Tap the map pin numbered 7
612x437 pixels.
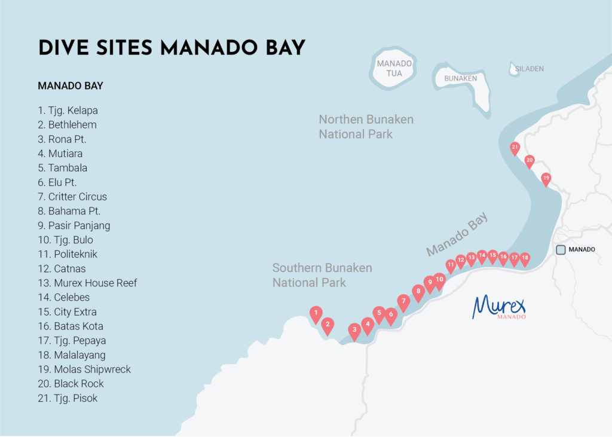coord(403,301)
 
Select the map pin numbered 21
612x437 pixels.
coord(515,147)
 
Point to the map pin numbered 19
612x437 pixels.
coord(546,178)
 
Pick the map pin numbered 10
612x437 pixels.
coord(439,280)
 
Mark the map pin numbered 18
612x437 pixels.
coord(525,258)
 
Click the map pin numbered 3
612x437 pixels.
coord(354,330)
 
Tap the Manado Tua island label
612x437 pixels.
coord(394,68)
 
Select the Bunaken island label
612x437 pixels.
coord(460,78)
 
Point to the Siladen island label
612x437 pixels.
coord(530,69)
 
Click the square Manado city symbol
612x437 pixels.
coord(561,250)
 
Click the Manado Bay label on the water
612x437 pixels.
coord(457,234)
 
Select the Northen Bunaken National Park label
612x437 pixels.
coord(366,127)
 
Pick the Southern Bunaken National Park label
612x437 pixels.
coord(322,275)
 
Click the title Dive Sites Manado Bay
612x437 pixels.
coord(172,48)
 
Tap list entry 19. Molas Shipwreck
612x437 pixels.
coord(84,369)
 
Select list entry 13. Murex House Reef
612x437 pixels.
coord(87,283)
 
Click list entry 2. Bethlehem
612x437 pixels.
coord(67,125)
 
